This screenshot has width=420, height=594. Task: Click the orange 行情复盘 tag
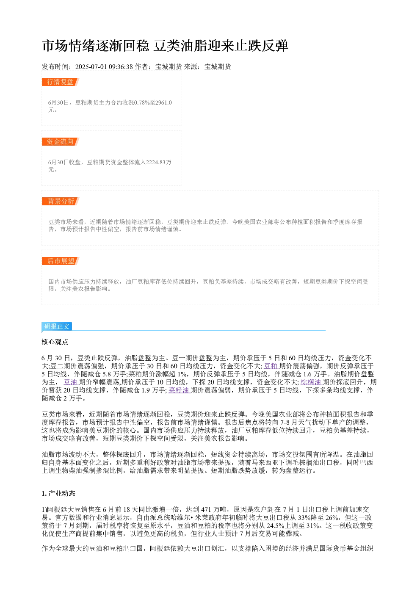point(60,82)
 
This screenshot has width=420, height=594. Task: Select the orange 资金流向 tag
point(60,141)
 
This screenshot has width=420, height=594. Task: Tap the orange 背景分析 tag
point(60,201)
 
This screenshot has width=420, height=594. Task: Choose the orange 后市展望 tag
point(60,261)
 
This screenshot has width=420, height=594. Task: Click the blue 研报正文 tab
point(57,326)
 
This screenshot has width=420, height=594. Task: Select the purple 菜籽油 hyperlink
point(179,390)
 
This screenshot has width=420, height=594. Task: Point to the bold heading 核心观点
point(55,342)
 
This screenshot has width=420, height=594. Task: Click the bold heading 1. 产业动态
point(58,494)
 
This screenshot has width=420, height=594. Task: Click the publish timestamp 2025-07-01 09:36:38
point(104,67)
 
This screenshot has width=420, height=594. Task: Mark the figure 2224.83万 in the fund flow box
point(159,162)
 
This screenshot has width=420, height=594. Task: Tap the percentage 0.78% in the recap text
point(142,102)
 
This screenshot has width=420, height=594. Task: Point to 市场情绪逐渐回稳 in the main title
point(96,46)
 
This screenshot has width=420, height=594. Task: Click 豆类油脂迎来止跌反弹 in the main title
point(221,46)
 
